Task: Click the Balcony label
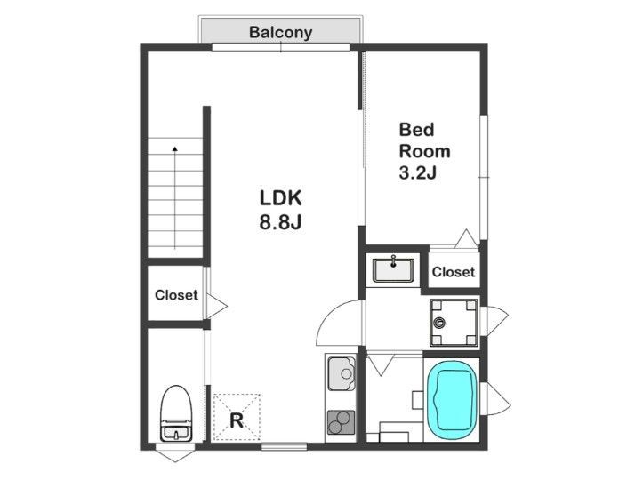coord(281,32)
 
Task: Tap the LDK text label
coord(281,198)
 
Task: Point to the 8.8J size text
coord(281,222)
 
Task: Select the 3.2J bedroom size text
coord(417,172)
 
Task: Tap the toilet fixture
coord(176,412)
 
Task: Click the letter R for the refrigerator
coord(237,420)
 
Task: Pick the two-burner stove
coord(341,422)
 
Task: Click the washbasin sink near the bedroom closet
coord(393,269)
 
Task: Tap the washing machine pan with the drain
coord(454,323)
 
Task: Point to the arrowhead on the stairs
coord(175,149)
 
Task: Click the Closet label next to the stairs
coord(176,295)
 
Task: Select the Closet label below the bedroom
coord(454,272)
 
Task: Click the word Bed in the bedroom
coord(416,130)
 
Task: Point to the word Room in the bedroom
coord(425,151)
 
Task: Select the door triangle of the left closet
coord(216,306)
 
